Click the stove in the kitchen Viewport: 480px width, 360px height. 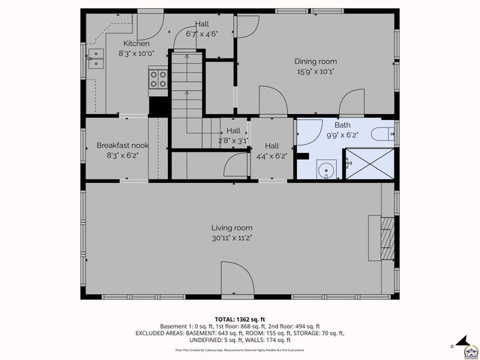coord(158,79)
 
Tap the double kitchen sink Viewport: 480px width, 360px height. coord(97,58)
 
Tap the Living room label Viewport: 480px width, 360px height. coord(231,228)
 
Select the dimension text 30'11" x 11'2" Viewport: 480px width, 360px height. coord(231,238)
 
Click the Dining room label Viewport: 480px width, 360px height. coord(315,61)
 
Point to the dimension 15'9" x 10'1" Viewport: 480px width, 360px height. coord(315,72)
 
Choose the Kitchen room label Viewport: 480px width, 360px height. coord(136,43)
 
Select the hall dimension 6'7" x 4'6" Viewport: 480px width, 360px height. coord(202,34)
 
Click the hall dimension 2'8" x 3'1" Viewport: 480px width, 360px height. coord(232,140)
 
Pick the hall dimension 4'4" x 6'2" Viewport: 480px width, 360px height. coord(271,156)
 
